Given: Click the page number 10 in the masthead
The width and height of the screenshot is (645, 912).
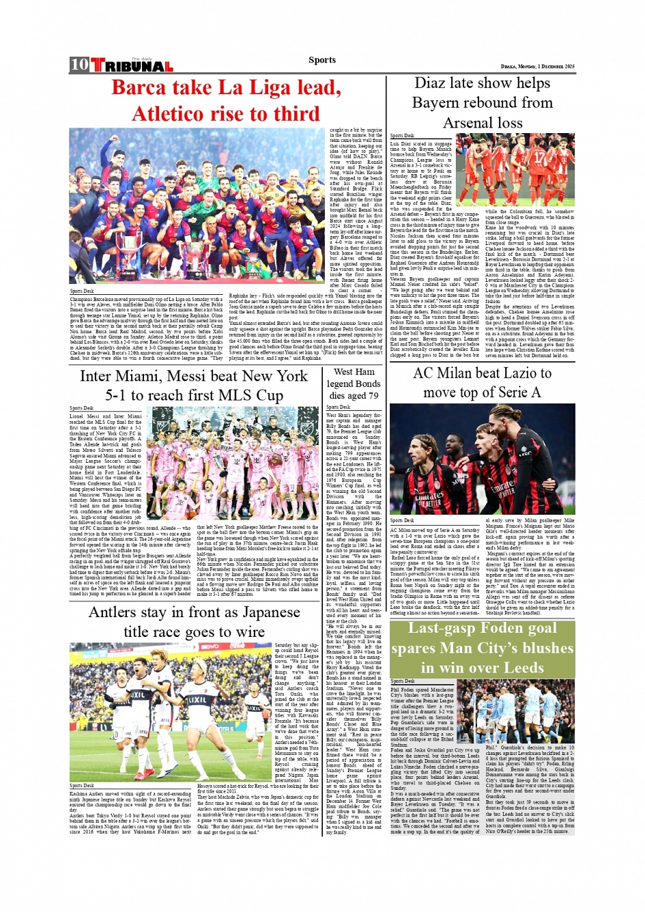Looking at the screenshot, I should pos(79,65).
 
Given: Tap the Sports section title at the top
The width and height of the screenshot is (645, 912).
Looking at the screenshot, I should pos(322,60).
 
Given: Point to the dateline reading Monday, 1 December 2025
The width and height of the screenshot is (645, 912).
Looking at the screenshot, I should pos(537,66).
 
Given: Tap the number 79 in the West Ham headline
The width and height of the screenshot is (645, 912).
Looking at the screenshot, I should pos(373,395).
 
